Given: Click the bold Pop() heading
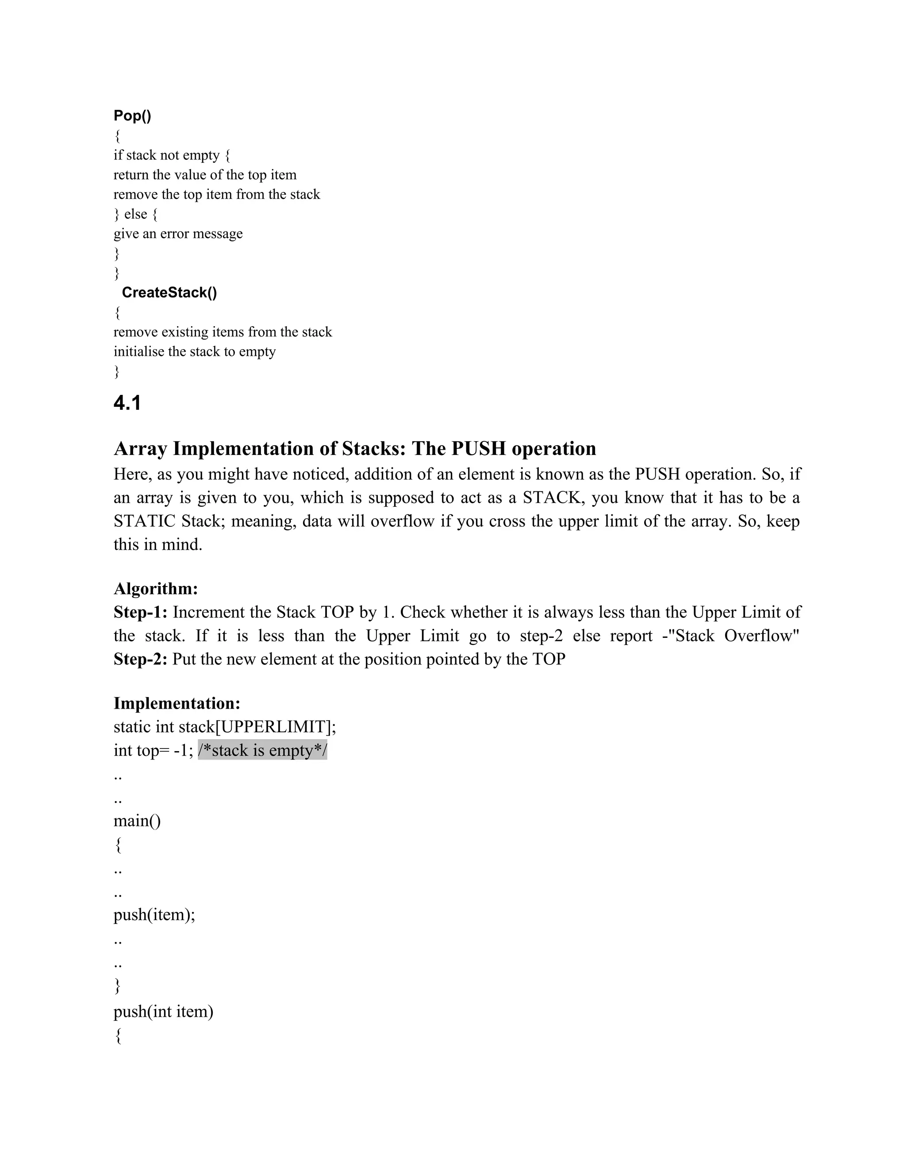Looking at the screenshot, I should tap(132, 116).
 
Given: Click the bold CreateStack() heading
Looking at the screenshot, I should tap(169, 292).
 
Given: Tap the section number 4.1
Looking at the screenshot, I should tap(127, 403).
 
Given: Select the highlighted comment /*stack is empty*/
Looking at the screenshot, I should tap(262, 750).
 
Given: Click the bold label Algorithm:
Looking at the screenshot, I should tap(156, 589).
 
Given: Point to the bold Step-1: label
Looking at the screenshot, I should tap(141, 612).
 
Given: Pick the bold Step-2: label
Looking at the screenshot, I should tap(141, 659).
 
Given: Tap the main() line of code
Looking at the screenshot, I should tap(137, 821).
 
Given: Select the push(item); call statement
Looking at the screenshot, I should tap(154, 914).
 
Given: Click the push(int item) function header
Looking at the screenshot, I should tap(163, 1012).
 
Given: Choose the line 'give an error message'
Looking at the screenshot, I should tap(178, 234).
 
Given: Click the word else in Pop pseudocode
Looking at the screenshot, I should tap(136, 214).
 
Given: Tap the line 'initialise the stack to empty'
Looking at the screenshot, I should tap(194, 351).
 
